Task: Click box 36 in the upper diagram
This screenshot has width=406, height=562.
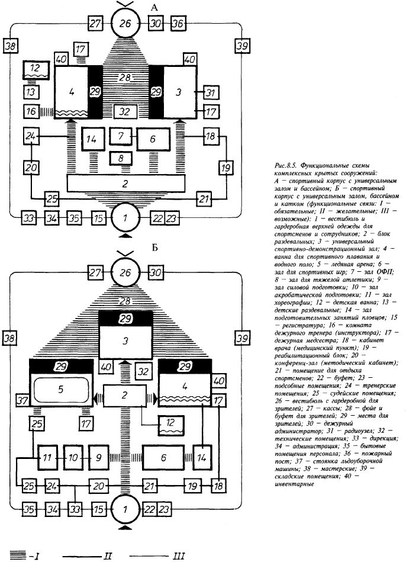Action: click(x=178, y=24)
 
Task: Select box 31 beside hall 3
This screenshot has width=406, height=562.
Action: click(x=211, y=93)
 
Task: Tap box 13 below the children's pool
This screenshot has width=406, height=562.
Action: click(x=31, y=92)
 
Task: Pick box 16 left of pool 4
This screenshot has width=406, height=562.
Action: click(x=31, y=111)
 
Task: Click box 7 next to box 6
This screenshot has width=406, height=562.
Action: click(x=121, y=136)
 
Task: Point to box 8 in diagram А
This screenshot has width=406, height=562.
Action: click(x=121, y=158)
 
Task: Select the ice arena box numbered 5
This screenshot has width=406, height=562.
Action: click(x=61, y=389)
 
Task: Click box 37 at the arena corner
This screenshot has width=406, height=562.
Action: click(x=22, y=400)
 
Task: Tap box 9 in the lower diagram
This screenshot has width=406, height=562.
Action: click(x=99, y=457)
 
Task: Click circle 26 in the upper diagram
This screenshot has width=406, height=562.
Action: click(x=125, y=24)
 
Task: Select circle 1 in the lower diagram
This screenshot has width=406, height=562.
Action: click(x=125, y=509)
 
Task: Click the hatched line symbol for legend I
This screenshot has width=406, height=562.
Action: click(x=18, y=555)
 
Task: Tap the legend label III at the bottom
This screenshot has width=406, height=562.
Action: click(x=179, y=555)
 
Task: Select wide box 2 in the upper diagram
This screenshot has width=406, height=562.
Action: click(x=126, y=184)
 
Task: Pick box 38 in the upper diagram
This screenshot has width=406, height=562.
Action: click(x=10, y=46)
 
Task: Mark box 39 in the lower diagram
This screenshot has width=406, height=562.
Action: click(x=243, y=338)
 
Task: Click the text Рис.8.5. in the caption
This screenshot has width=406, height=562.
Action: click(x=285, y=166)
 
